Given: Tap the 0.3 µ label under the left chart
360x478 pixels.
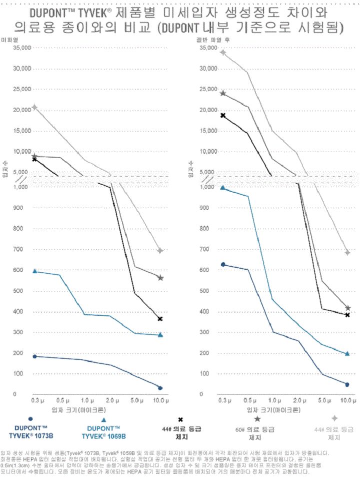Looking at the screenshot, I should [x=35, y=401].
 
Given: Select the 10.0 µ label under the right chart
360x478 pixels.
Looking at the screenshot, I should [x=347, y=401].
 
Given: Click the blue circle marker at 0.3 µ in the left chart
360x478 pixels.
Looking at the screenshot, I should [x=34, y=356].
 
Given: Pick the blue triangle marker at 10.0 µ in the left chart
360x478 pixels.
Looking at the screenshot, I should [x=160, y=335].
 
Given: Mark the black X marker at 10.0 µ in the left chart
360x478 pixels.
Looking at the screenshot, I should [x=160, y=319].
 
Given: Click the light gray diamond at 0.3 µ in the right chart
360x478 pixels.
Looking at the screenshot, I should [x=223, y=52].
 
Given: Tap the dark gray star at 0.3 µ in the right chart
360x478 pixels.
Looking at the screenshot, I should [x=223, y=93].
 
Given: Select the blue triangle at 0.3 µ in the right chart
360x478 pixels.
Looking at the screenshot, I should [x=223, y=188].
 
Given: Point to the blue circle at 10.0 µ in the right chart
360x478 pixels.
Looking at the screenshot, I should [x=347, y=384].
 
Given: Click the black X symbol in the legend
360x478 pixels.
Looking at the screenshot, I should [x=180, y=419].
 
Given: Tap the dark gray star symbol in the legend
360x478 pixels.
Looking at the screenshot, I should [x=257, y=418].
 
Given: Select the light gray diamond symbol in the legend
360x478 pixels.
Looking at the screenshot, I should [x=334, y=418].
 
